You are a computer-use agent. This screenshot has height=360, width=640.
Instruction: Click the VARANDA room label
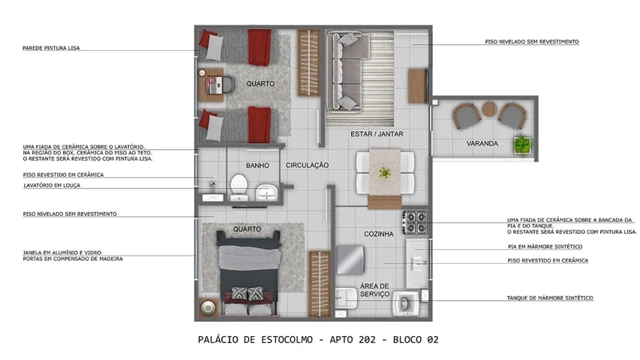(482, 143)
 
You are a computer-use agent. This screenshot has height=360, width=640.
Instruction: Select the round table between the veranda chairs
(489, 110)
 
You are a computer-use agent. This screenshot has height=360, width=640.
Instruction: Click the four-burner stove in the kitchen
(415, 222)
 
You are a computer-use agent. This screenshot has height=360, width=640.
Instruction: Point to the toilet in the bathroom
(239, 186)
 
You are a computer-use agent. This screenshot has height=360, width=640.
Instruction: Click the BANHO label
(258, 165)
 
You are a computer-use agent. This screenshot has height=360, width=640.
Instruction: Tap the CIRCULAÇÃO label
(308, 165)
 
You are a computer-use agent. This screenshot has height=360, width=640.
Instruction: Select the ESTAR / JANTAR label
(377, 134)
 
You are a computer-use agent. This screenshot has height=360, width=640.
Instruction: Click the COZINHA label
(379, 234)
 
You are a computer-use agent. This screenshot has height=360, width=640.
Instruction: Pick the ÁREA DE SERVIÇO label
(374, 290)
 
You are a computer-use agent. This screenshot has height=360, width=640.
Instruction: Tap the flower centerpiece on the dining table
(385, 172)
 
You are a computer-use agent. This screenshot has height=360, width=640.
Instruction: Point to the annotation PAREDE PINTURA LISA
(51, 48)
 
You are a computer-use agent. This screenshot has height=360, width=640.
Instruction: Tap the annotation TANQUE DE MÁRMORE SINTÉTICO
(549, 298)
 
